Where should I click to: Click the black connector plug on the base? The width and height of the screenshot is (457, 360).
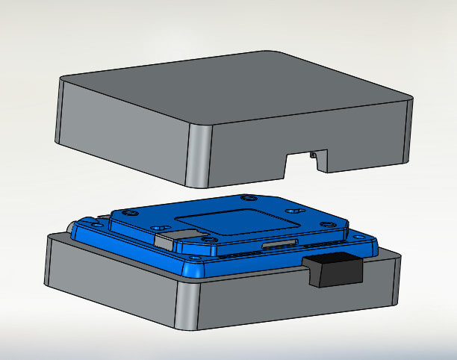point(334,270)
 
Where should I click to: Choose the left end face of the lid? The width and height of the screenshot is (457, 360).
point(59,112)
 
